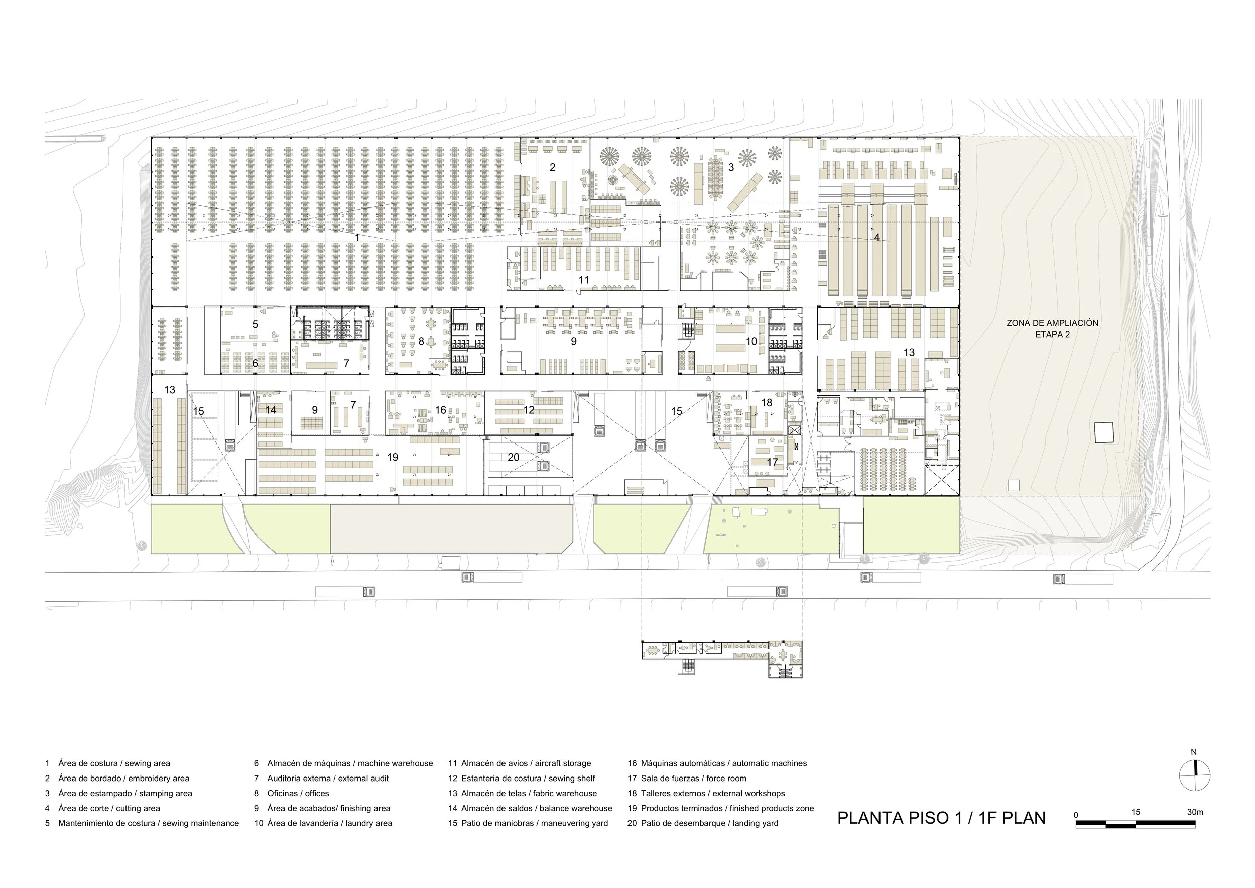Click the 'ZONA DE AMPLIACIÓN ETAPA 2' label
tap(1052, 328)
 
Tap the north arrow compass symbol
tap(1194, 775)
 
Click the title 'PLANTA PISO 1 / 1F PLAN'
tap(941, 818)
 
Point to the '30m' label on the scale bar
tap(1195, 812)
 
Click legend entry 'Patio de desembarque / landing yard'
tap(709, 823)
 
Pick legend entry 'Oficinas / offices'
tap(298, 793)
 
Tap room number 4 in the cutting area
tap(877, 237)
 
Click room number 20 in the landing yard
tap(513, 457)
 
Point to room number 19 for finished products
tap(393, 457)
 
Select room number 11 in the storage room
tap(584, 280)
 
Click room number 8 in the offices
tap(421, 341)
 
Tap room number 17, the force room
tap(772, 462)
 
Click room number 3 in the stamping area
tap(731, 167)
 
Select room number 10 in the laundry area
tap(751, 341)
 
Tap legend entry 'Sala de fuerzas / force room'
tap(693, 778)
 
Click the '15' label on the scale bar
tap(1136, 812)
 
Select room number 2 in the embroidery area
tap(552, 167)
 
